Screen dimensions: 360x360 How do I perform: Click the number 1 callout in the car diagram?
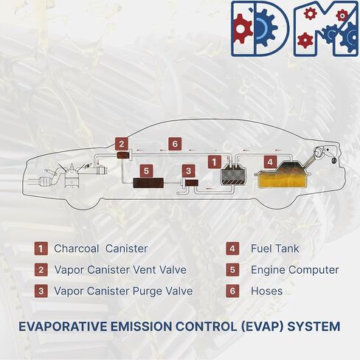(x=215, y=162)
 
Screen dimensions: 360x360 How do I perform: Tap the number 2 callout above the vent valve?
(x=122, y=144)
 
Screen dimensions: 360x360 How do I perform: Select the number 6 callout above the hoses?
(x=175, y=144)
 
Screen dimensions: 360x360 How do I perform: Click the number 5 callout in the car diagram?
(x=146, y=170)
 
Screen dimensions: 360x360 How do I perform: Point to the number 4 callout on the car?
(x=270, y=162)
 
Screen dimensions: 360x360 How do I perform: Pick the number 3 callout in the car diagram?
(x=189, y=171)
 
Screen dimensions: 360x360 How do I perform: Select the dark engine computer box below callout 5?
(x=148, y=183)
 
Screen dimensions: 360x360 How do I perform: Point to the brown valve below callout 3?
(x=192, y=183)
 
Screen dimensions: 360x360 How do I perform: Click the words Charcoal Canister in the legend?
(x=101, y=249)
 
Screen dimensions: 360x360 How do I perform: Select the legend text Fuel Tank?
(x=274, y=249)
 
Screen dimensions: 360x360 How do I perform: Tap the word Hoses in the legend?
(x=266, y=291)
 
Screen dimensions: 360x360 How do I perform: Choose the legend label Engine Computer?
(x=295, y=270)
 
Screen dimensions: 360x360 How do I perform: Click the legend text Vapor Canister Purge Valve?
(x=123, y=291)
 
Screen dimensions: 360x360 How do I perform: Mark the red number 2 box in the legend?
(x=41, y=270)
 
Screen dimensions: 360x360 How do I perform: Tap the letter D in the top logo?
(x=260, y=29)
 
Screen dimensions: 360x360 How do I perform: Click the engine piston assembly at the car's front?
(x=72, y=176)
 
